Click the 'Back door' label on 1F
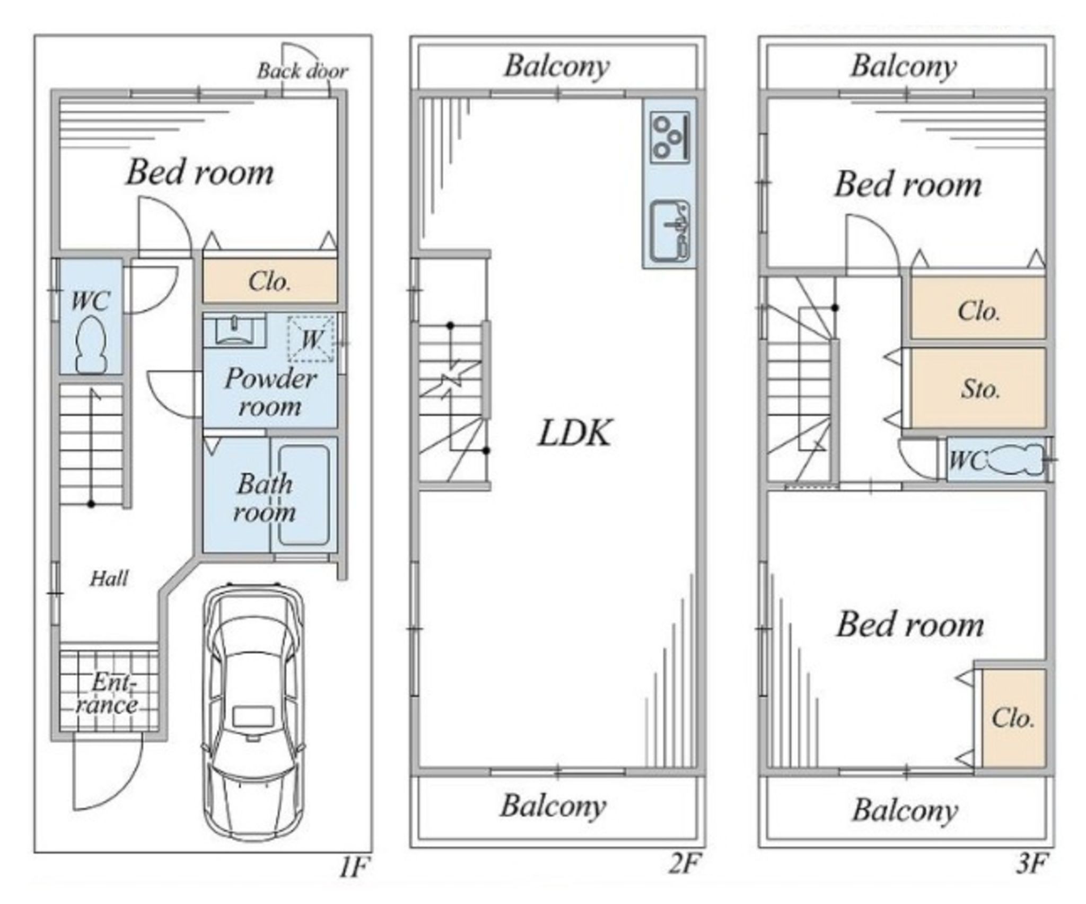[303, 71]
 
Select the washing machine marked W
[311, 339]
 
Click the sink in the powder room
[234, 330]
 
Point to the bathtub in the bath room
[304, 495]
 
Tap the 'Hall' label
[109, 578]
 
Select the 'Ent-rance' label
[107, 694]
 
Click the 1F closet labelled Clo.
[270, 280]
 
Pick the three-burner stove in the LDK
[670, 137]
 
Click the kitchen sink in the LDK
[670, 231]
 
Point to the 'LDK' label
[575, 432]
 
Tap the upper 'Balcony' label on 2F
[557, 66]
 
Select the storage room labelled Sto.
[978, 388]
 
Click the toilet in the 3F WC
[1017, 459]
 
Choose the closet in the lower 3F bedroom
[1014, 718]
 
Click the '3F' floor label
[1032, 864]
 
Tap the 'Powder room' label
[270, 392]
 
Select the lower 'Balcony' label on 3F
[905, 810]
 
